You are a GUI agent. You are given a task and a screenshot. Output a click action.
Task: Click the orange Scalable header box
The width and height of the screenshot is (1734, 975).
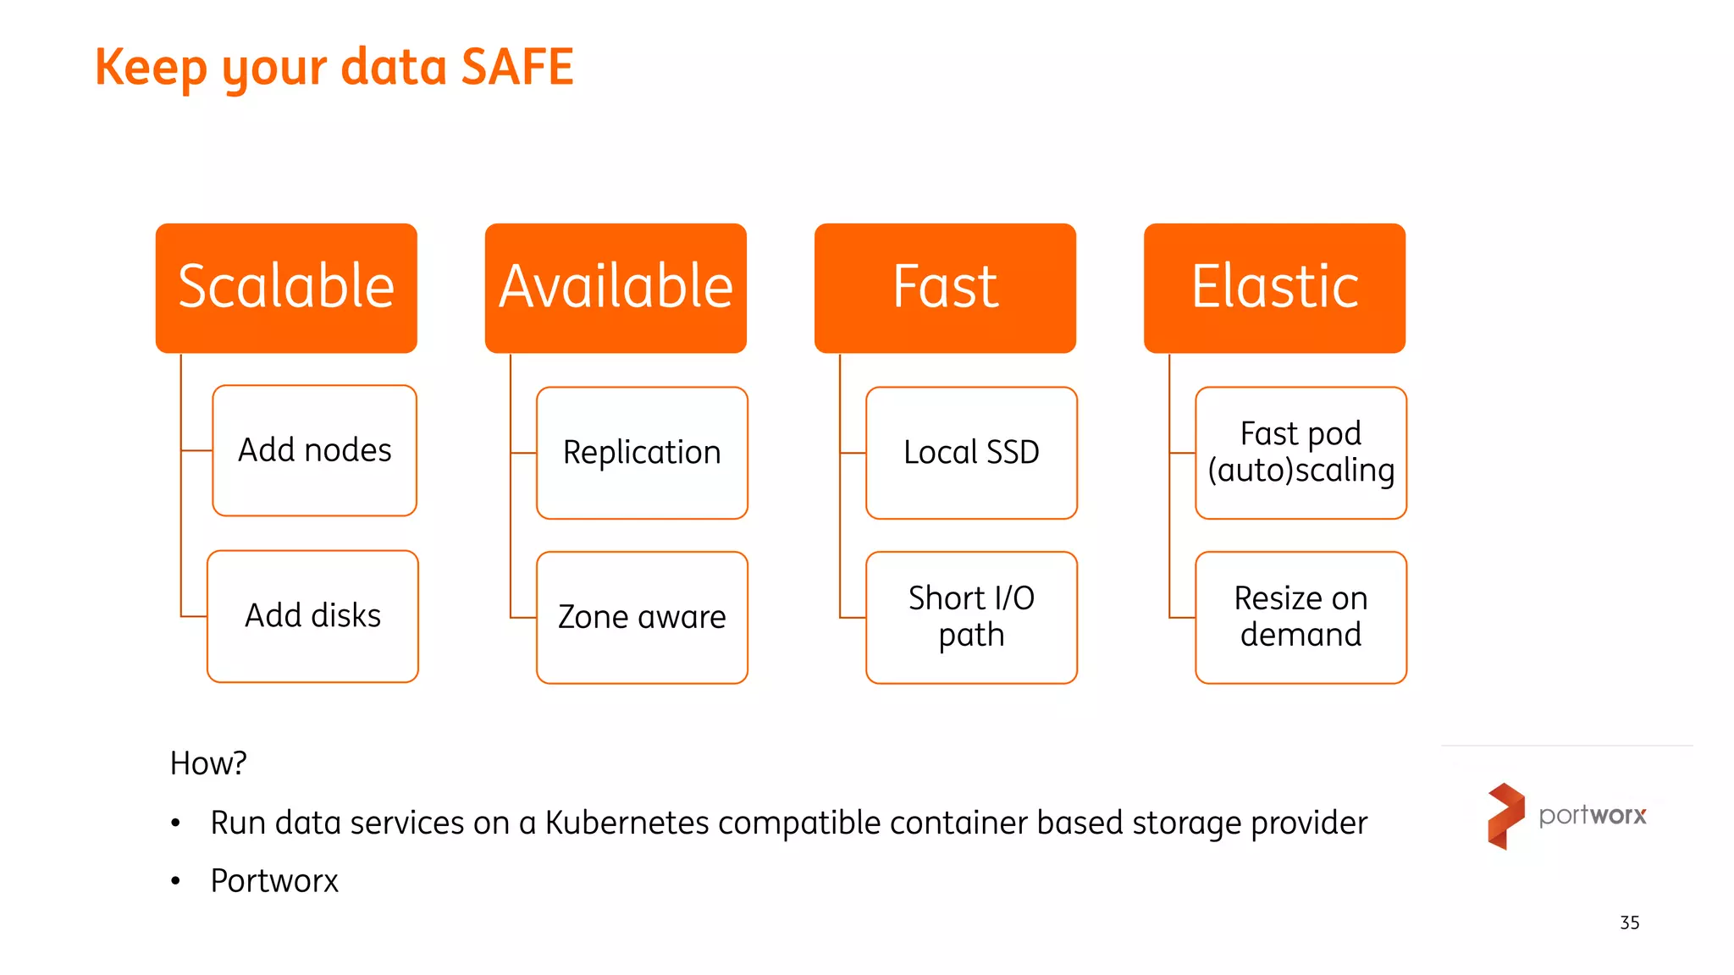coord(286,288)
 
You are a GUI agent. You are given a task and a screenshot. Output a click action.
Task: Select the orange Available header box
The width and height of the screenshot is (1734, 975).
coord(616,288)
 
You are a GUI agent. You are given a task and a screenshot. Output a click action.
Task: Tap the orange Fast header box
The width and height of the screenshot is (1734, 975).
coord(945,288)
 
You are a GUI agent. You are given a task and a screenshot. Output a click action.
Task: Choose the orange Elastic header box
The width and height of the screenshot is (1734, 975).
coord(1274,288)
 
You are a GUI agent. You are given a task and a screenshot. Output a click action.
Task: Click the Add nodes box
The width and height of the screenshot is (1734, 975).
coord(314,450)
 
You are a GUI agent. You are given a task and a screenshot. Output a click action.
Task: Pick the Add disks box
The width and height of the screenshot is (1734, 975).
coord(312,616)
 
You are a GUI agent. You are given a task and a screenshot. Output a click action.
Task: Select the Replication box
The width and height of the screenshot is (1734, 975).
coord(642,453)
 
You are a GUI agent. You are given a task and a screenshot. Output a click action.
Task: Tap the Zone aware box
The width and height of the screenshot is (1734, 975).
coord(642,617)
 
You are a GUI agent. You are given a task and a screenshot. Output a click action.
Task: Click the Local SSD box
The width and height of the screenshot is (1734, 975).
coord(971,453)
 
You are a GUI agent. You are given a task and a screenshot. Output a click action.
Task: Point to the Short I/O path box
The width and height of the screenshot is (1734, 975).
coord(971,617)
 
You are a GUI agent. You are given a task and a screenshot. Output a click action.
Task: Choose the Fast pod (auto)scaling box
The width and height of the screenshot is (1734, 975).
coord(1300,453)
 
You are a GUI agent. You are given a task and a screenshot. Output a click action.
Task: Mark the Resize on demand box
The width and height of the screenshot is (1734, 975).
coord(1300,617)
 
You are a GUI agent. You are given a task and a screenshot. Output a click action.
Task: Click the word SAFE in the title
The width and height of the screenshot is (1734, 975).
coord(517,67)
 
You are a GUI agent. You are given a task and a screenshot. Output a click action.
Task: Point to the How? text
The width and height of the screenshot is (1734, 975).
coord(208,763)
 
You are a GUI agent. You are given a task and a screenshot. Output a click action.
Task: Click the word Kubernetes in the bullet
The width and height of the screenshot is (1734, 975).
coord(627,823)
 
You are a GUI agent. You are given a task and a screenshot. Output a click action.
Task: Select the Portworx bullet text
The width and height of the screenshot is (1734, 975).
coord(274,881)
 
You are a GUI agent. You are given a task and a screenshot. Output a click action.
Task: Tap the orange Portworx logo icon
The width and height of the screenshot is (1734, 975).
coord(1505,815)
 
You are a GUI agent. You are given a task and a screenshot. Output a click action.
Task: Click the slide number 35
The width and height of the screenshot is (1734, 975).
coord(1629,923)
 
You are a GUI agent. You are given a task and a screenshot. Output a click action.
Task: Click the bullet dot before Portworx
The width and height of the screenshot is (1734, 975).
coord(175,882)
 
